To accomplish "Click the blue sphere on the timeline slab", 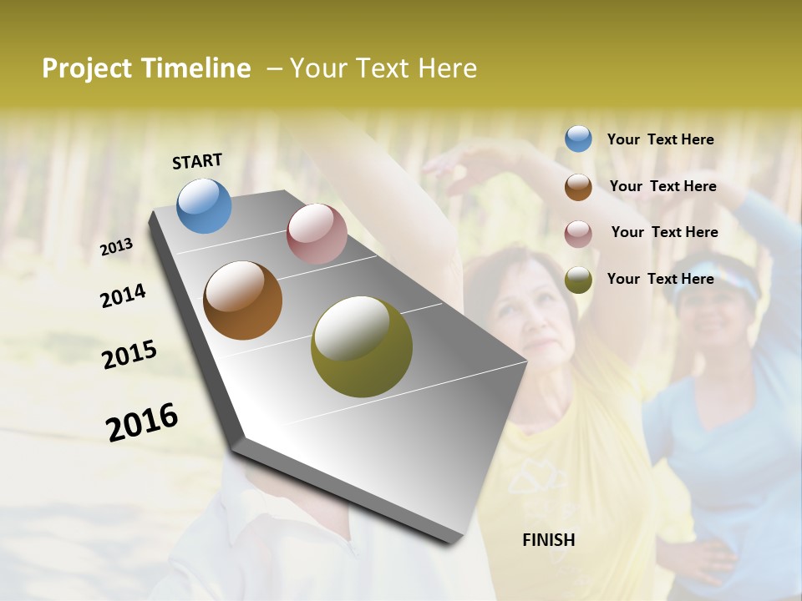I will point(205,205).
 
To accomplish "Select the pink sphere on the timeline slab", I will point(317,234).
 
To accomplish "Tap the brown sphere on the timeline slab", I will point(243,300).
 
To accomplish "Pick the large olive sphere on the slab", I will point(362,346).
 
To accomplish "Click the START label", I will point(197,161).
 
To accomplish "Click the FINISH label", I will point(549,540).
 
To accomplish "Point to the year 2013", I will point(117,247).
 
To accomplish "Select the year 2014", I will point(123,296).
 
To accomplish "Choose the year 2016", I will point(142,422).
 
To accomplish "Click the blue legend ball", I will point(578,139).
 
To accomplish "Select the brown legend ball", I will point(578,187).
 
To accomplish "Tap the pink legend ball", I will point(578,233).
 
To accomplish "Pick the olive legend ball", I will point(578,280).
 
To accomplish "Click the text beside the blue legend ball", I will point(660,140).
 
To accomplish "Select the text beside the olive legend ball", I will point(660,279).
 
